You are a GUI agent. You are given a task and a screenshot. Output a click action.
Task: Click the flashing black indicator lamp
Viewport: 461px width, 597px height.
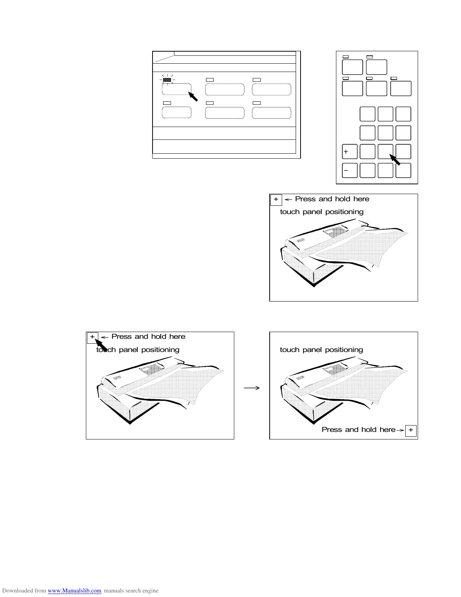click(167, 80)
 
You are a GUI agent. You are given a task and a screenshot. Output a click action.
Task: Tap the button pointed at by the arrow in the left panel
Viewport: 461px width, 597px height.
click(176, 90)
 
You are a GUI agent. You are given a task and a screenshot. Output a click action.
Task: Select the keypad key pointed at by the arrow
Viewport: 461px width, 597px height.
click(385, 152)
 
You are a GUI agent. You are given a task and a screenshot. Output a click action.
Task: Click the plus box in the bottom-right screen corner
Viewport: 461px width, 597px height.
click(411, 430)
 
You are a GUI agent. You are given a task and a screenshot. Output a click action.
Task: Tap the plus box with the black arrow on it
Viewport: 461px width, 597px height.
click(93, 337)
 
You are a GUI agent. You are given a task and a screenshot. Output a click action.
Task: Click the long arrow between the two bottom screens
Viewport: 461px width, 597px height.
click(252, 388)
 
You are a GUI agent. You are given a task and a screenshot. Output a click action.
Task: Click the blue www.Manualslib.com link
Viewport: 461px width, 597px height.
click(74, 591)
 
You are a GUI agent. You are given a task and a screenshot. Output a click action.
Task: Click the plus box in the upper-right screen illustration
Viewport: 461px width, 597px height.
click(276, 199)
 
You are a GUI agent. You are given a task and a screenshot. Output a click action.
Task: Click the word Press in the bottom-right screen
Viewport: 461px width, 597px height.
click(331, 430)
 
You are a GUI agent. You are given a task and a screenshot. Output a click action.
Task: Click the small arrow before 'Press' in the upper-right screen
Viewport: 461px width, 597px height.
click(289, 199)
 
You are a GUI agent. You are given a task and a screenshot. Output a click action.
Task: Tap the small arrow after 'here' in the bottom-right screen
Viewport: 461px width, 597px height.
click(400, 430)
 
